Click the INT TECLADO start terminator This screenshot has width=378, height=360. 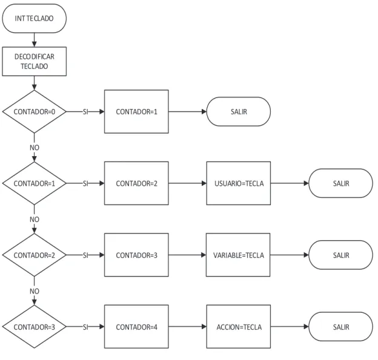coord(35,18)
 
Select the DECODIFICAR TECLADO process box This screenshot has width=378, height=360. coord(35,61)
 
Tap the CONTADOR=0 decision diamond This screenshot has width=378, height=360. coord(35,111)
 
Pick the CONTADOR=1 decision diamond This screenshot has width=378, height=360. coord(35,183)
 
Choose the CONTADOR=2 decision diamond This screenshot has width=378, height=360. coord(35,255)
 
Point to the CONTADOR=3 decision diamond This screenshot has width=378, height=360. coord(35,327)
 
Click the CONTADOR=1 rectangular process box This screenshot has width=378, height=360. coord(136,111)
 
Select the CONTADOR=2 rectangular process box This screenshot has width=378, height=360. coord(136,183)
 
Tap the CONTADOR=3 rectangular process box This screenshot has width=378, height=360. coord(136,255)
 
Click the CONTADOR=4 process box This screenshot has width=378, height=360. coord(136,327)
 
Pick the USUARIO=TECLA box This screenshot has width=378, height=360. coord(239,183)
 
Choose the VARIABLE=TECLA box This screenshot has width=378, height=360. coord(238,255)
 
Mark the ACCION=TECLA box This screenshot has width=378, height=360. coord(239,327)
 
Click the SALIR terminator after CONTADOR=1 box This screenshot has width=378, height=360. coord(239,111)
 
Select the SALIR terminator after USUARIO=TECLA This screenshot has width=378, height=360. coord(341,183)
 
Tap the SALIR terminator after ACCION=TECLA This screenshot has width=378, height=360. coord(341,327)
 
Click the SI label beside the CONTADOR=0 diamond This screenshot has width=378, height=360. coord(85,112)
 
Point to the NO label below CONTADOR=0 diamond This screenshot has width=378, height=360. coord(35,148)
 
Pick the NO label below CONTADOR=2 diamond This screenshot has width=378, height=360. coord(35,291)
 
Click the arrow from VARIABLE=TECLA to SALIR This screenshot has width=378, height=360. coord(290,255)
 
